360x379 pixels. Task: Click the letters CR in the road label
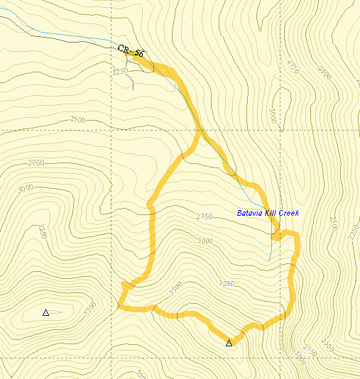(124, 49)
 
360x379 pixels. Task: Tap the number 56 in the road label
(139, 54)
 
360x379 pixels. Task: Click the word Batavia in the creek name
(251, 213)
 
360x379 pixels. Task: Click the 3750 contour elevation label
(89, 310)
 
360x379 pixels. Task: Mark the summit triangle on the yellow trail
(229, 344)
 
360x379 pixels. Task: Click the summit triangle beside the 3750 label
(46, 312)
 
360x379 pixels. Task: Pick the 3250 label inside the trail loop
(227, 283)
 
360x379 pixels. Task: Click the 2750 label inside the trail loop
(204, 216)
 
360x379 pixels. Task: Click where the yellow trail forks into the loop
(197, 131)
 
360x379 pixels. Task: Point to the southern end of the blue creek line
(269, 261)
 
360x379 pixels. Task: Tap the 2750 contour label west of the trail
(36, 163)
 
